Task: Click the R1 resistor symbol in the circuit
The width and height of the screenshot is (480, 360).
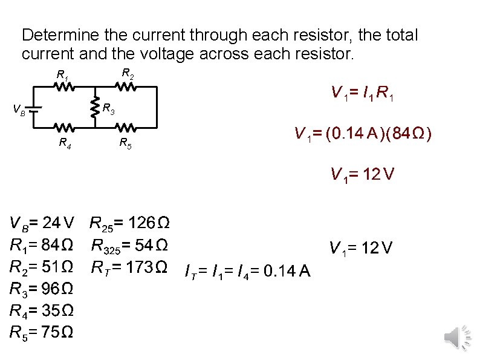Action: click(x=65, y=88)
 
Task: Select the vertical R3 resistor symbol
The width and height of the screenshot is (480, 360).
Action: click(x=95, y=108)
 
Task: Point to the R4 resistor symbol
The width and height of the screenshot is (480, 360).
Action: click(x=65, y=128)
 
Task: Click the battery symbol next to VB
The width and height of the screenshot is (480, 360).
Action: click(x=35, y=110)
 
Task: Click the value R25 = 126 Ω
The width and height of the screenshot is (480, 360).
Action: click(x=129, y=224)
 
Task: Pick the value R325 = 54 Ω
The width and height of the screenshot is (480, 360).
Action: click(x=129, y=246)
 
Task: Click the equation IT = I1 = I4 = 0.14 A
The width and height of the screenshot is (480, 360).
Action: click(x=247, y=273)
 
